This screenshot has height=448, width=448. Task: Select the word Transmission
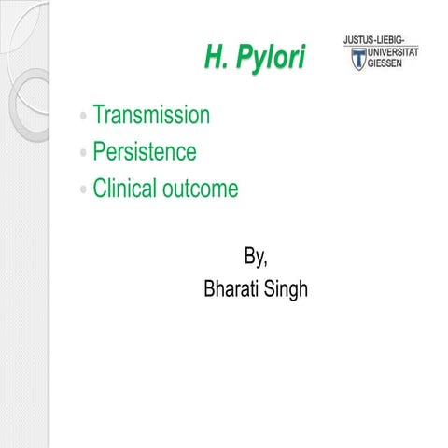pyautogui.click(x=150, y=116)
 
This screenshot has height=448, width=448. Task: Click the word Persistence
pyautogui.click(x=144, y=152)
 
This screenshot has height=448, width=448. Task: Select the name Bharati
pyautogui.click(x=233, y=290)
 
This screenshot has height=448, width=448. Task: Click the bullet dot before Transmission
pyautogui.click(x=84, y=118)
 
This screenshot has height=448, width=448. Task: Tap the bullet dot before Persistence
pyautogui.click(x=84, y=153)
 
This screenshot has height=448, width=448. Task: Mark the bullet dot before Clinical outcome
pyautogui.click(x=84, y=189)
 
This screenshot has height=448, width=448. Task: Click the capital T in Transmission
pyautogui.click(x=98, y=116)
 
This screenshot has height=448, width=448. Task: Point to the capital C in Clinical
pyautogui.click(x=100, y=189)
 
